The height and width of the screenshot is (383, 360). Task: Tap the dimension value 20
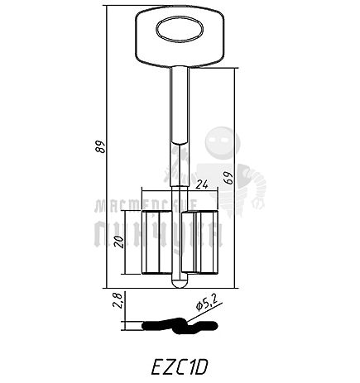118,242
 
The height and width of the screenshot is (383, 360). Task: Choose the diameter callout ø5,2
208,306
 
